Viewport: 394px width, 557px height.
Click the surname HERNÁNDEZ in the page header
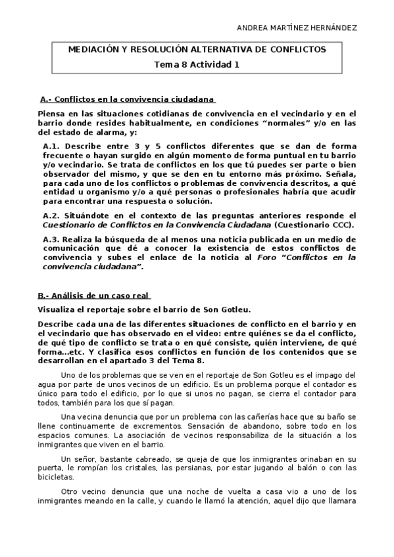tap(332, 28)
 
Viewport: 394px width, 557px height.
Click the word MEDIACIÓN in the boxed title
tap(95, 50)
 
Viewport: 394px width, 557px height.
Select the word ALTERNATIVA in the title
tap(214, 50)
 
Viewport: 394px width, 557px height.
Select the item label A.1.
tap(52, 146)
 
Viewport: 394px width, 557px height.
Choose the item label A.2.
tap(52, 215)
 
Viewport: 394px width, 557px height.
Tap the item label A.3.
tap(52, 240)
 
